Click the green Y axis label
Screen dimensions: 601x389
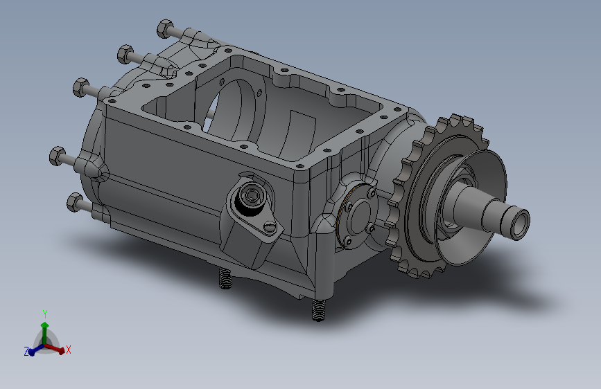coord(45,314)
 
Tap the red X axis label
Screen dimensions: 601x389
coord(69,350)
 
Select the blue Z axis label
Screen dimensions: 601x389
coord(26,352)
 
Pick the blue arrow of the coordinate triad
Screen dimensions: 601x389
coord(37,350)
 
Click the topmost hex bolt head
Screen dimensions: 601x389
coord(165,28)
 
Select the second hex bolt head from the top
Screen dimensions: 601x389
coord(125,55)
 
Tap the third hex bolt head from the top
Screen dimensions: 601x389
coord(81,87)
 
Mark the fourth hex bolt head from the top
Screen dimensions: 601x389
coord(58,156)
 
